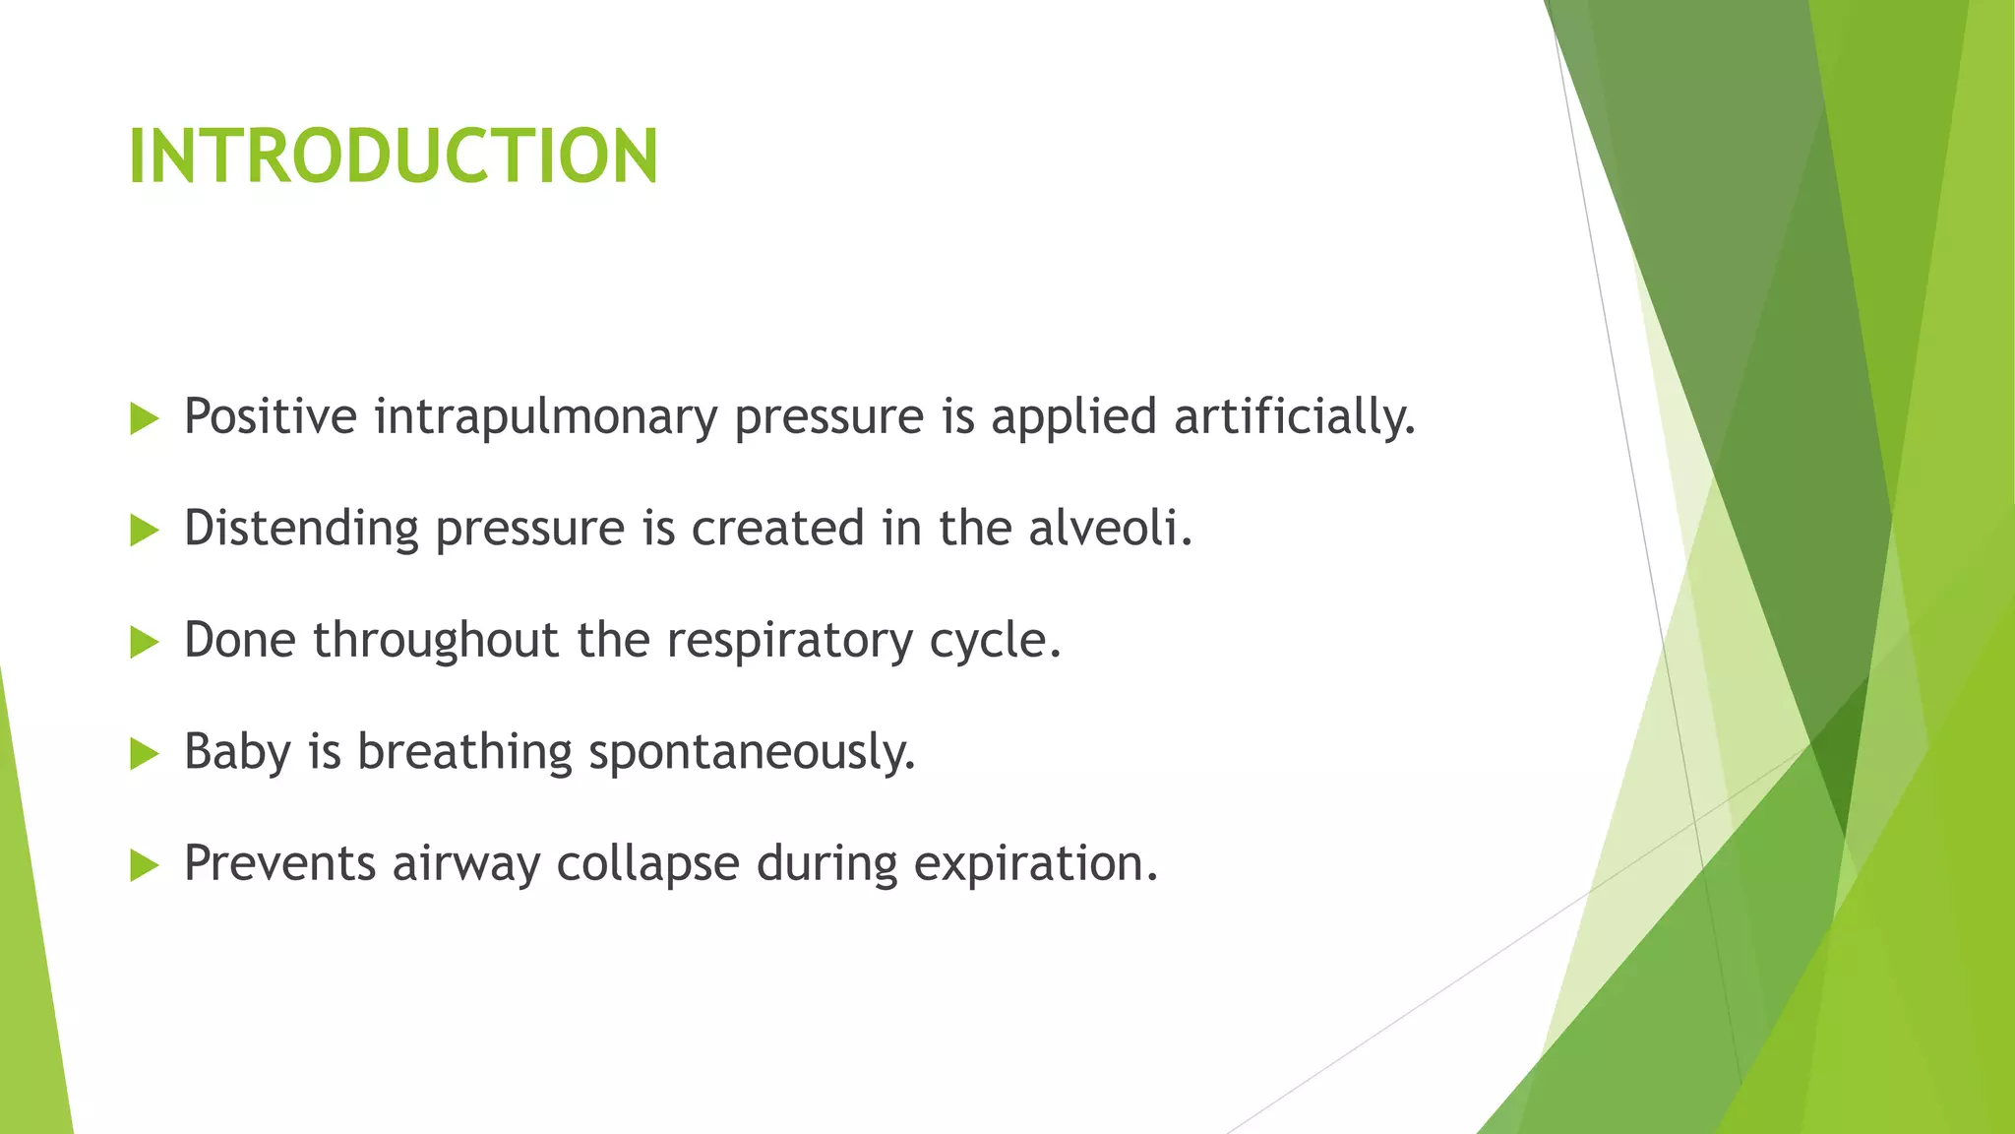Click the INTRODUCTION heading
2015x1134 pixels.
point(393,157)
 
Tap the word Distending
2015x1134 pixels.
point(301,529)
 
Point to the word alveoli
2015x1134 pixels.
point(1109,528)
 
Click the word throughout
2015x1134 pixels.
point(436,641)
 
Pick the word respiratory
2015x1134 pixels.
point(789,641)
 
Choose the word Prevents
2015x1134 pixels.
point(279,863)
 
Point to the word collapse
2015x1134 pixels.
point(647,864)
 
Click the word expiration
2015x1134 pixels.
point(1035,864)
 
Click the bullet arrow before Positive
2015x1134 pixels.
point(144,419)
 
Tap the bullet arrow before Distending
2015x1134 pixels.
point(144,532)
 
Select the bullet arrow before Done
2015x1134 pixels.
point(144,643)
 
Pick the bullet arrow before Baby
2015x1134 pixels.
point(144,755)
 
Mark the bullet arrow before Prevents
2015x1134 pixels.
point(144,866)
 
